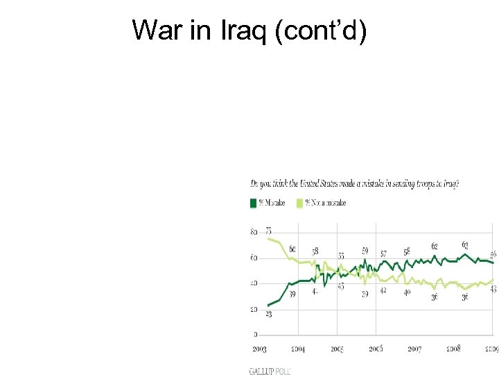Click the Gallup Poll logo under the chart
click(x=269, y=371)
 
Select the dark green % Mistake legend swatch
click(x=253, y=203)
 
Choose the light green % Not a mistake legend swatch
click(x=299, y=203)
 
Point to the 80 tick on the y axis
click(x=254, y=232)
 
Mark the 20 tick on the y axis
click(x=254, y=309)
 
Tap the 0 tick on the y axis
click(x=256, y=335)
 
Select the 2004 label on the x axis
click(x=298, y=349)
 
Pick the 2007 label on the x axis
click(x=414, y=349)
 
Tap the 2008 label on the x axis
click(x=453, y=349)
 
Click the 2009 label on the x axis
click(x=491, y=349)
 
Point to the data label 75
click(x=268, y=231)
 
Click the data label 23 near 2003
click(x=268, y=315)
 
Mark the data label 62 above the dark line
click(x=434, y=246)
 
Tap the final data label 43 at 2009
click(x=493, y=290)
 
